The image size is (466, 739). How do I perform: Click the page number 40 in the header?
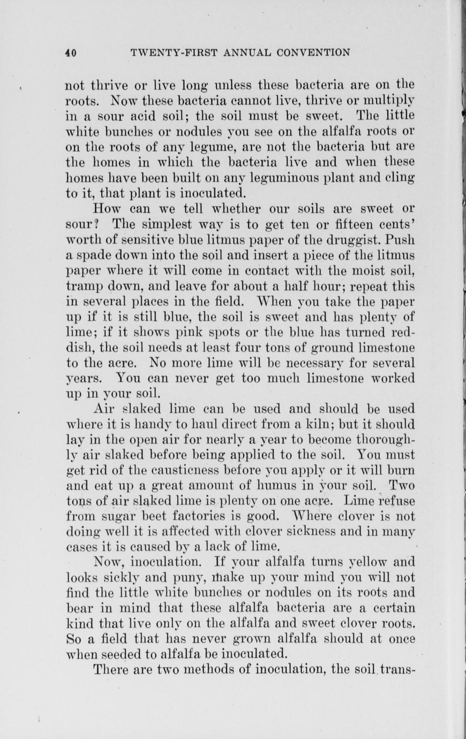(x=71, y=52)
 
